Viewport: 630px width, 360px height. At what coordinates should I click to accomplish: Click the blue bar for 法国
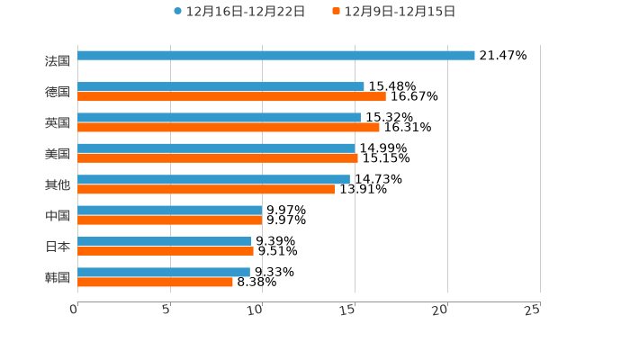point(276,56)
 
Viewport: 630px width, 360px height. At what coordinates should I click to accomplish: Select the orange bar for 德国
point(231,97)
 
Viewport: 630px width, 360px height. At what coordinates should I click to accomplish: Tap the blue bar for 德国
point(220,86)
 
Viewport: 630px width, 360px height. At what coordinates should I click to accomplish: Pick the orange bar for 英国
point(229,128)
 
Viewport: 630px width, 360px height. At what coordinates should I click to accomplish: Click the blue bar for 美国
point(216,148)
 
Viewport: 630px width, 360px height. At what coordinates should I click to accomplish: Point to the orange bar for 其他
point(206,190)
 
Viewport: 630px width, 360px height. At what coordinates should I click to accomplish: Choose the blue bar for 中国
point(170,211)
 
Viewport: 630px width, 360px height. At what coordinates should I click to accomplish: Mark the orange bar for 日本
point(166,252)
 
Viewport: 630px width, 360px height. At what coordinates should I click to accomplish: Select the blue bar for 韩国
point(164,272)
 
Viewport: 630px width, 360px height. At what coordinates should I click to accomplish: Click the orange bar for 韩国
point(155,283)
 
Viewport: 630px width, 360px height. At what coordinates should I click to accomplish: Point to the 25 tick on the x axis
point(533,310)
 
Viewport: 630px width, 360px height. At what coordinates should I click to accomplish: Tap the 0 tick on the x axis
point(74,310)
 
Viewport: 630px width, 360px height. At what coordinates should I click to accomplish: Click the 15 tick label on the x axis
point(348,310)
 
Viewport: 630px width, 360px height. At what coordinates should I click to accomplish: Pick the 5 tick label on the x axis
point(166,310)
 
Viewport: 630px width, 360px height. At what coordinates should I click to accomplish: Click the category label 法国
point(58,61)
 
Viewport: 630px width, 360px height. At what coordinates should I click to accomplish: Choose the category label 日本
point(58,247)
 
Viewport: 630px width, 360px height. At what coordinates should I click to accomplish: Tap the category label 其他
point(58,184)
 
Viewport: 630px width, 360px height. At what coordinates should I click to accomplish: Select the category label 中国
point(58,216)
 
